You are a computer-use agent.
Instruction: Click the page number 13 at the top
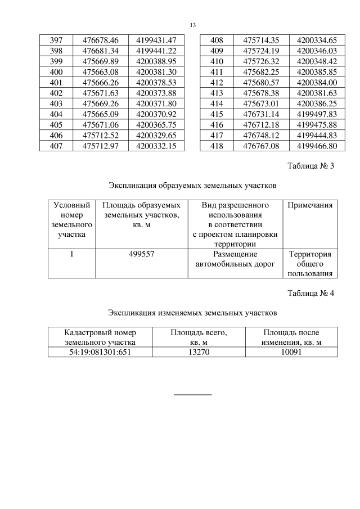(x=193, y=25)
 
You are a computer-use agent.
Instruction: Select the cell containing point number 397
(x=56, y=40)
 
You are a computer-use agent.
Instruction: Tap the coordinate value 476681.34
(x=100, y=51)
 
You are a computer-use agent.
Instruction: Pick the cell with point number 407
(x=56, y=146)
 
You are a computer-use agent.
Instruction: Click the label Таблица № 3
(x=310, y=166)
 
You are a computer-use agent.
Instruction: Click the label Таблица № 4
(x=310, y=293)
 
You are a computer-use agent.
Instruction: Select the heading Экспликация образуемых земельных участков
(x=192, y=184)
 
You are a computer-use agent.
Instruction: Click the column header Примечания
(x=310, y=205)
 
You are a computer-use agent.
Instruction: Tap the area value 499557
(x=141, y=254)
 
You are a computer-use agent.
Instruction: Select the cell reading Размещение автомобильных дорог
(x=235, y=259)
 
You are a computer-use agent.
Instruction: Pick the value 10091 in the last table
(x=291, y=352)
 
